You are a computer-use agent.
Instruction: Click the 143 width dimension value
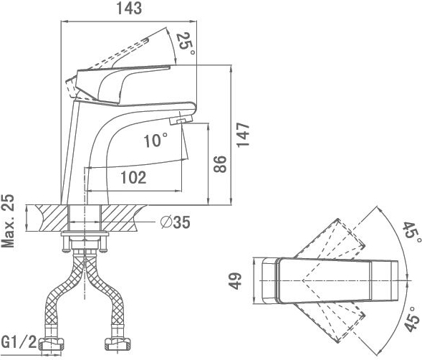pyautogui.click(x=129, y=9)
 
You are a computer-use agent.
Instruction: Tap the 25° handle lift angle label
pyautogui.click(x=186, y=43)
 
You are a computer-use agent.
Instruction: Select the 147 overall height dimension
pyautogui.click(x=243, y=135)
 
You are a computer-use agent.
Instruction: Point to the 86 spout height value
pyautogui.click(x=220, y=164)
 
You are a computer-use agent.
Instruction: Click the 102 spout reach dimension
pyautogui.click(x=133, y=177)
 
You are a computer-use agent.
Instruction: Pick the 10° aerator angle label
pyautogui.click(x=155, y=140)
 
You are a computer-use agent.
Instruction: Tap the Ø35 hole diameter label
pyautogui.click(x=176, y=222)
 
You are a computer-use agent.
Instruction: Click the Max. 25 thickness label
pyautogui.click(x=8, y=221)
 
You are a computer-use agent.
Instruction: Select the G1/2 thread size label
pyautogui.click(x=19, y=342)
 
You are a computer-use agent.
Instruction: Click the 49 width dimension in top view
pyautogui.click(x=235, y=281)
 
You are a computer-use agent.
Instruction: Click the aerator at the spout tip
pyautogui.click(x=181, y=120)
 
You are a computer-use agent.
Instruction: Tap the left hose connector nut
pyautogui.click(x=52, y=344)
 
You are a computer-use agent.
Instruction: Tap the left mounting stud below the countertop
pyautogui.click(x=66, y=243)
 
